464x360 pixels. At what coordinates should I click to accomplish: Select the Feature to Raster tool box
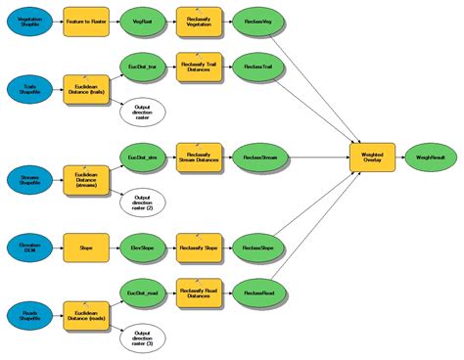click(x=85, y=19)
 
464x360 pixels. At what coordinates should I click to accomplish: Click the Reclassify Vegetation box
click(x=199, y=19)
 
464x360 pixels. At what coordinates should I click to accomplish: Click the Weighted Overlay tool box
click(x=372, y=156)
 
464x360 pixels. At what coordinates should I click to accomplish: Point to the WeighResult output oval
click(x=432, y=156)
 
